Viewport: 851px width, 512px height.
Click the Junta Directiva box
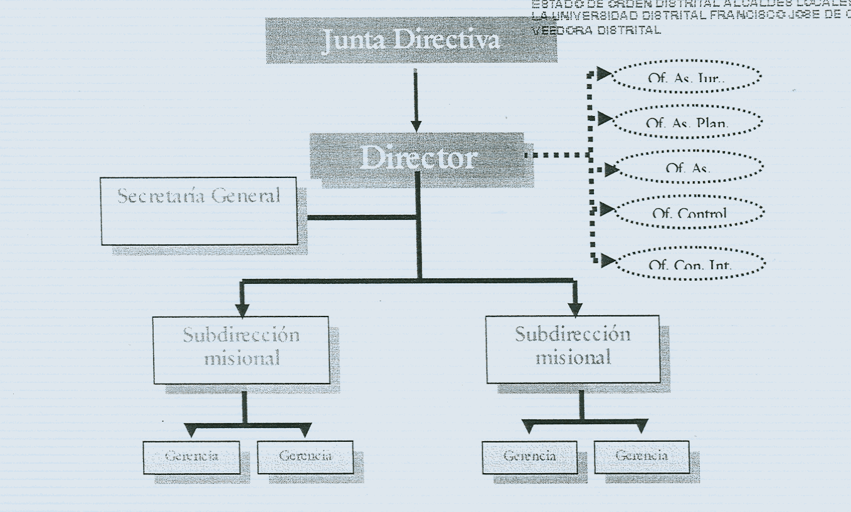(411, 40)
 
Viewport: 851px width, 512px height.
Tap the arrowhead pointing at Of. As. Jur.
(603, 75)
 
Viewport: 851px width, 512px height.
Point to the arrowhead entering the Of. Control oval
(606, 209)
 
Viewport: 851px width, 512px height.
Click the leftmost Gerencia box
(191, 456)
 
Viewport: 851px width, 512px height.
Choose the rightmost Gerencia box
(641, 456)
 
